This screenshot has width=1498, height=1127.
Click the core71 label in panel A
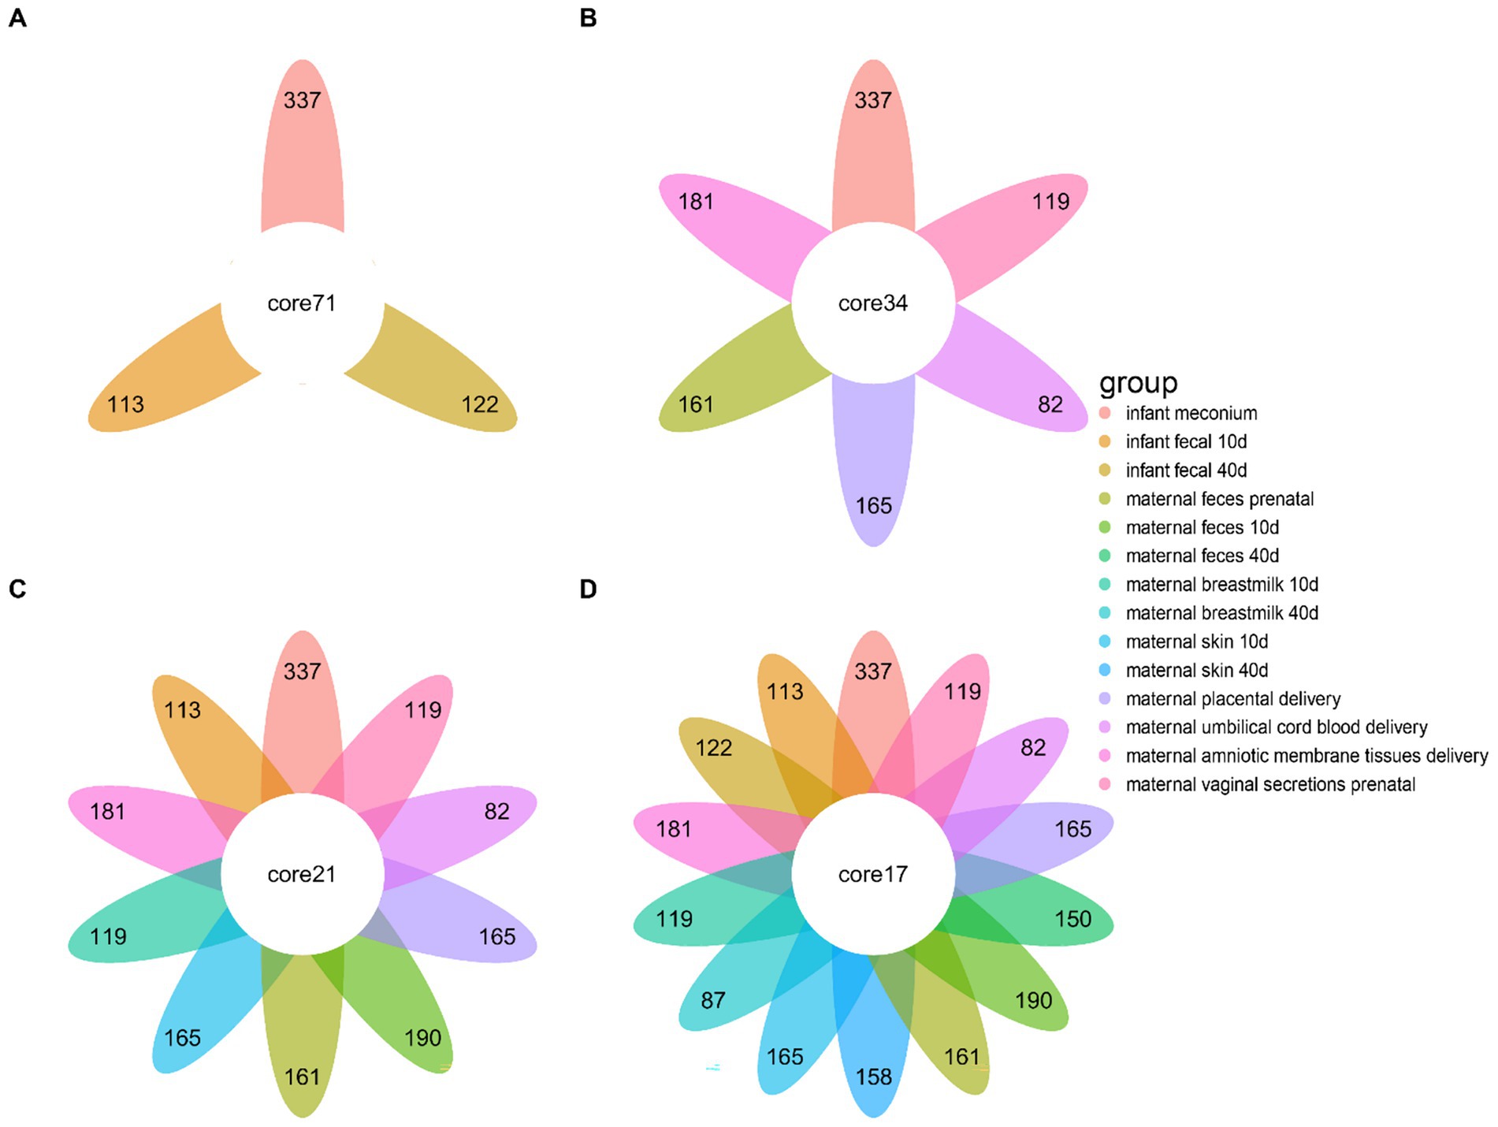click(302, 303)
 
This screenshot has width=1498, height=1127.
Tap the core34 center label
click(872, 303)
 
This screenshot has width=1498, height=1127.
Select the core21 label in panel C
click(302, 874)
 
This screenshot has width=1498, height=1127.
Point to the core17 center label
click(872, 874)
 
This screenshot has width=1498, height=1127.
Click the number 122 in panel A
click(480, 404)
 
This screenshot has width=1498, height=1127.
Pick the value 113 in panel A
click(126, 404)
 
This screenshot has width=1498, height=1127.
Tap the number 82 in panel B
click(1050, 404)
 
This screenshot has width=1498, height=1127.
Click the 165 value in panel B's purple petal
click(874, 505)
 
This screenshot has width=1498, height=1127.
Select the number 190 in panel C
click(423, 1037)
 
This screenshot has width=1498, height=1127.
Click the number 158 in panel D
click(874, 1077)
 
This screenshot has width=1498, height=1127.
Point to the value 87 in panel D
click(713, 1000)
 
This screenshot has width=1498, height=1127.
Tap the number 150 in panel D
click(1073, 919)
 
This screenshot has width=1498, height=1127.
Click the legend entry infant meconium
click(1191, 413)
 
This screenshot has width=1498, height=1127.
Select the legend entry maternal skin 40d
click(1196, 670)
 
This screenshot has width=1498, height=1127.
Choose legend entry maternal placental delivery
click(1232, 698)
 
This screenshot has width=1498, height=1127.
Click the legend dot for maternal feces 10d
click(1105, 527)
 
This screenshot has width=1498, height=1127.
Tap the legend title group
click(1138, 383)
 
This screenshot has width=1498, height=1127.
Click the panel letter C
click(17, 589)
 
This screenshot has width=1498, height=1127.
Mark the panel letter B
click(588, 18)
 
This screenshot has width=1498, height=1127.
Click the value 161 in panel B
click(697, 404)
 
